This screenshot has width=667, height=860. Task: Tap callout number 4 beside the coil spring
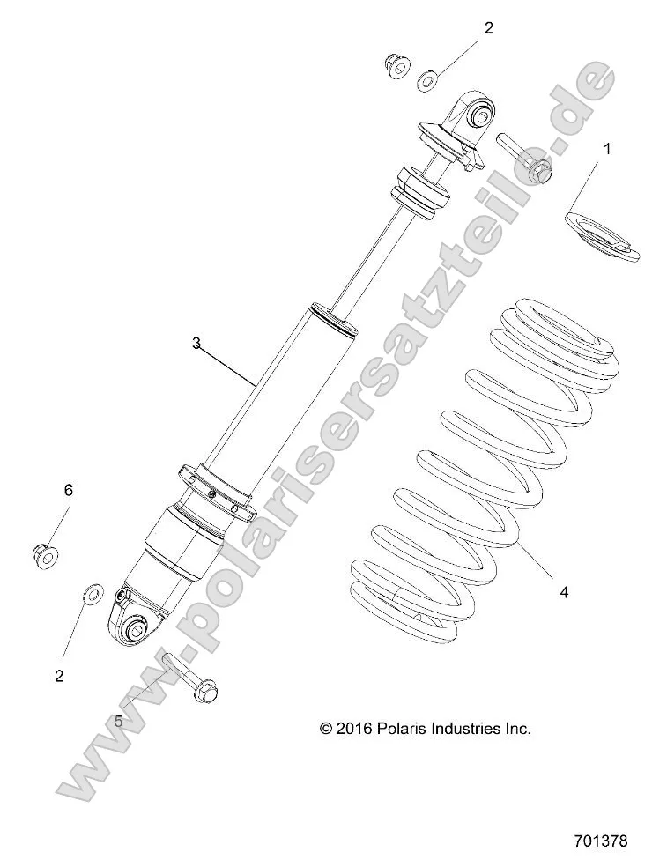(x=564, y=593)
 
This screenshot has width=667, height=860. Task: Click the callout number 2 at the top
(x=488, y=27)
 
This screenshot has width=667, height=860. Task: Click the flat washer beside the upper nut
(x=427, y=81)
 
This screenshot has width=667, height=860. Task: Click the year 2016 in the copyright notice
(x=354, y=728)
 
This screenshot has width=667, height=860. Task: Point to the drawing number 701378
(x=599, y=841)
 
